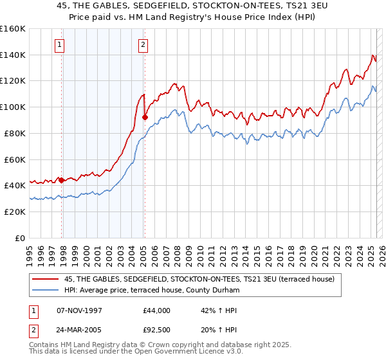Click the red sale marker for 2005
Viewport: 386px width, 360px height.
(145, 117)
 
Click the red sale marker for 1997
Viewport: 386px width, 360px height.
(62, 180)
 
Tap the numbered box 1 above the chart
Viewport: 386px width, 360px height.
(59, 45)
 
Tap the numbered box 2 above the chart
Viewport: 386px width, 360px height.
(142, 45)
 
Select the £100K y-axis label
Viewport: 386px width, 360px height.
(14, 107)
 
